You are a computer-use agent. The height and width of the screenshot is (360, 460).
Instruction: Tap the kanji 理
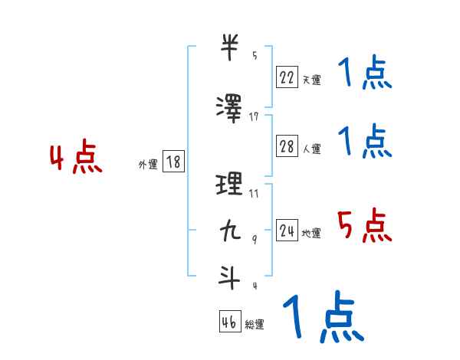[230, 185]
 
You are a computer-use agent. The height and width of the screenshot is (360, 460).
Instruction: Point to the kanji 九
[230, 231]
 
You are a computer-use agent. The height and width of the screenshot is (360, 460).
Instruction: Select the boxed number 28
[287, 146]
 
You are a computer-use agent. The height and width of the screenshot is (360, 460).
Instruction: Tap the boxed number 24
[287, 231]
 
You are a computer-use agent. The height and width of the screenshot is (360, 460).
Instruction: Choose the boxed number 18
[173, 162]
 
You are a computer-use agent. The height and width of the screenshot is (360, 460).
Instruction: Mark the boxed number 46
[230, 322]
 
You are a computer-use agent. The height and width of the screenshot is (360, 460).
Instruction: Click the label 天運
[311, 79]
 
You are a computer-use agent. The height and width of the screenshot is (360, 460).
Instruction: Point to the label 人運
[311, 149]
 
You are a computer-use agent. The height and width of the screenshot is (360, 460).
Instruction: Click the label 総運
[255, 325]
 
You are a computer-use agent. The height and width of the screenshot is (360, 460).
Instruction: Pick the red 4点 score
[75, 159]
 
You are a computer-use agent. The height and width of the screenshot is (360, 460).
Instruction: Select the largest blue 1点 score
[322, 317]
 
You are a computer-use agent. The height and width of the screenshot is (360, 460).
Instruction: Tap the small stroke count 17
[254, 116]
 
